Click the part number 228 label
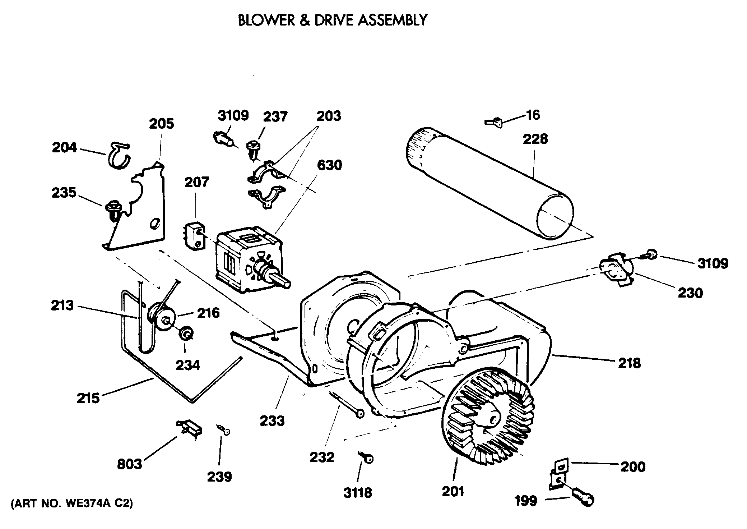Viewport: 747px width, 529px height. (x=535, y=139)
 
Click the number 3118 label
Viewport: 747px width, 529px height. (x=357, y=493)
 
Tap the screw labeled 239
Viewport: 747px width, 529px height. (x=224, y=430)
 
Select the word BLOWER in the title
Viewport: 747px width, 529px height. (x=266, y=20)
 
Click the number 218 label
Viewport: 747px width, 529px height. (x=629, y=363)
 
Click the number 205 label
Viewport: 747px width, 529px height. (x=161, y=124)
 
